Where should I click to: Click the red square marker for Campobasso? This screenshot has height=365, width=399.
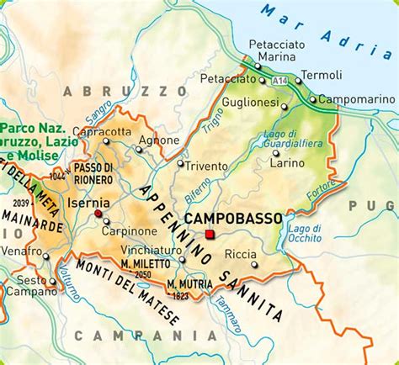tap(210, 235)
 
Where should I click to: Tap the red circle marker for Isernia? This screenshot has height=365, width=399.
tap(98, 214)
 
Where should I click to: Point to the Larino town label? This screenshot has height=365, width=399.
tap(287, 162)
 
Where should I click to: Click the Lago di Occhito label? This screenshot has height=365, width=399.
tap(304, 233)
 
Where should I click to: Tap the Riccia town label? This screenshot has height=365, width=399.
tap(241, 253)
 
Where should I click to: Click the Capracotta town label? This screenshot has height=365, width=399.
tap(103, 131)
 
